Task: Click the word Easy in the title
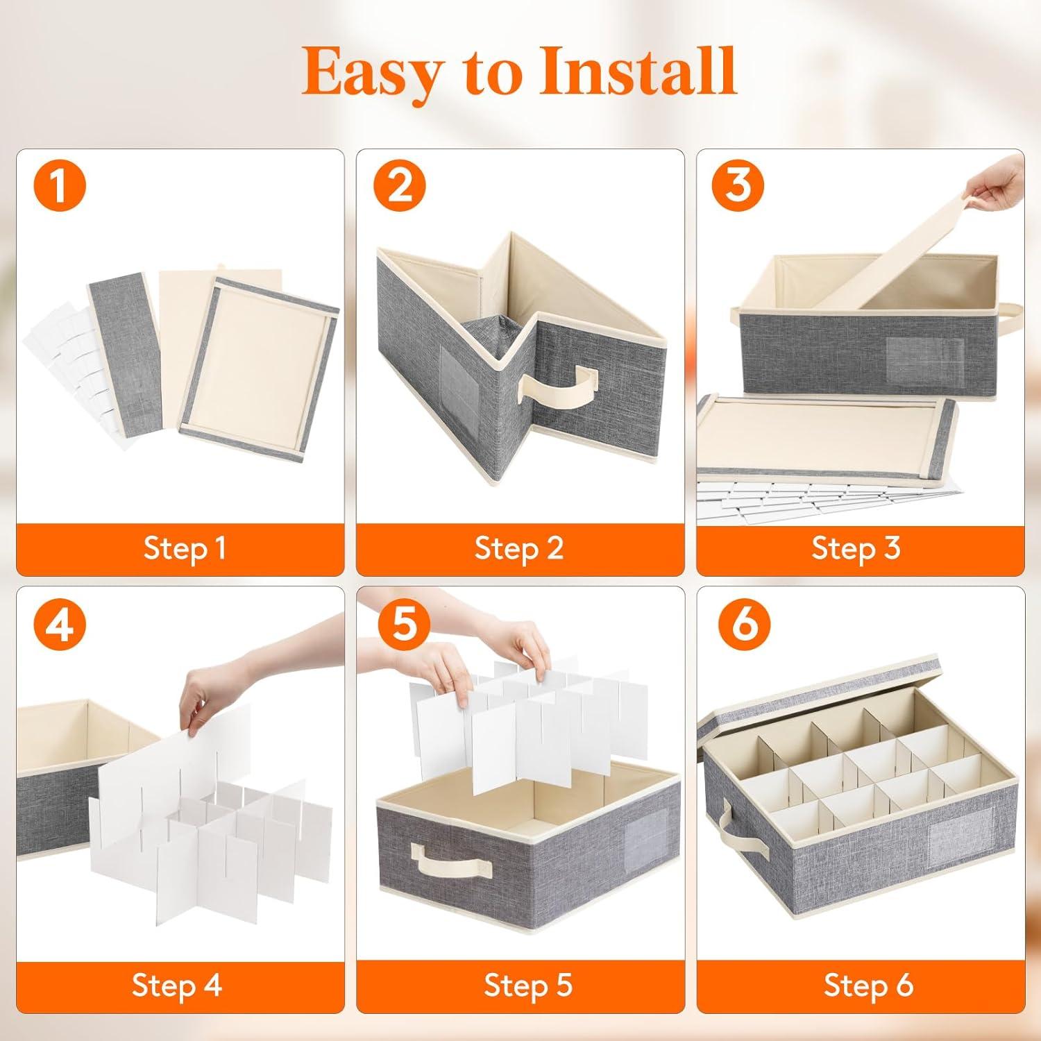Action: (x=370, y=71)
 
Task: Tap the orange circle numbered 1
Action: (x=60, y=185)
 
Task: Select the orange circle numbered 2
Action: (x=400, y=185)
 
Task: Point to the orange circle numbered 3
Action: (x=740, y=185)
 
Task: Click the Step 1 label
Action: (x=185, y=549)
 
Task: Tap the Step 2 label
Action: (x=519, y=549)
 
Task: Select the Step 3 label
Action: (x=856, y=549)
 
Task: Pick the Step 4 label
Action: (x=177, y=985)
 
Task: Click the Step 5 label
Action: (x=528, y=985)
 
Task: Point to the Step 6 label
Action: (x=868, y=985)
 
